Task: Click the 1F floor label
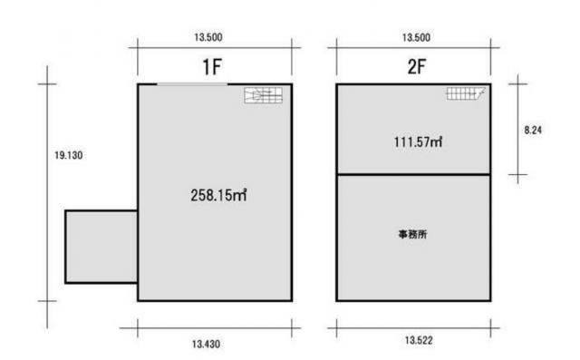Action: (x=211, y=67)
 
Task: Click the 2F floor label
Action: (x=417, y=66)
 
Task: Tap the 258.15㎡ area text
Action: (x=218, y=195)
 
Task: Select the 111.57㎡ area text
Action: (x=418, y=141)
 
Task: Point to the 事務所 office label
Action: (x=412, y=234)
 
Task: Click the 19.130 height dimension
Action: (x=69, y=155)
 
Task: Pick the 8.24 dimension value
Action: (x=533, y=130)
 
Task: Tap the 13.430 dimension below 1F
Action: (x=206, y=344)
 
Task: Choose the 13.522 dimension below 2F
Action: (x=419, y=340)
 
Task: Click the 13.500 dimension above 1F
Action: (x=208, y=37)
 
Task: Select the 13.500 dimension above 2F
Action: (x=416, y=37)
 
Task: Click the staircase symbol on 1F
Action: (x=264, y=95)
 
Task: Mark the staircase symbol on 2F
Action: (x=466, y=93)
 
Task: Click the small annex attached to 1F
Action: (x=101, y=247)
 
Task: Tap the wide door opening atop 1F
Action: (x=192, y=84)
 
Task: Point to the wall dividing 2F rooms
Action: (x=413, y=174)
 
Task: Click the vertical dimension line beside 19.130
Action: (x=47, y=197)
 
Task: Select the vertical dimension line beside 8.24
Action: (x=517, y=129)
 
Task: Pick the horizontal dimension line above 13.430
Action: (x=210, y=328)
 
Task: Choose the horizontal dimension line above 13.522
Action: (x=413, y=328)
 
